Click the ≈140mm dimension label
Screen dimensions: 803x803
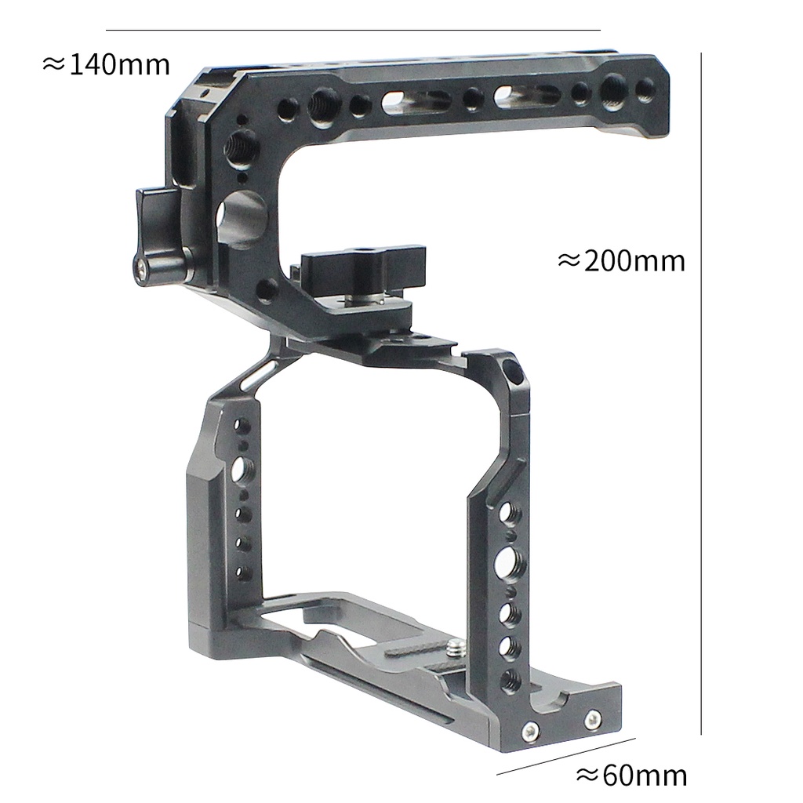(x=106, y=65)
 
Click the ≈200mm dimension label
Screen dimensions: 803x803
(x=621, y=261)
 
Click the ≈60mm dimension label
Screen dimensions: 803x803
(x=631, y=776)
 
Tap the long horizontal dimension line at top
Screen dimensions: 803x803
(x=353, y=31)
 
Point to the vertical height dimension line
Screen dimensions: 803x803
(x=701, y=394)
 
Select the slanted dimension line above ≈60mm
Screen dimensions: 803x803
(x=566, y=757)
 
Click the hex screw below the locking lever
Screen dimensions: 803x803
(x=144, y=265)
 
